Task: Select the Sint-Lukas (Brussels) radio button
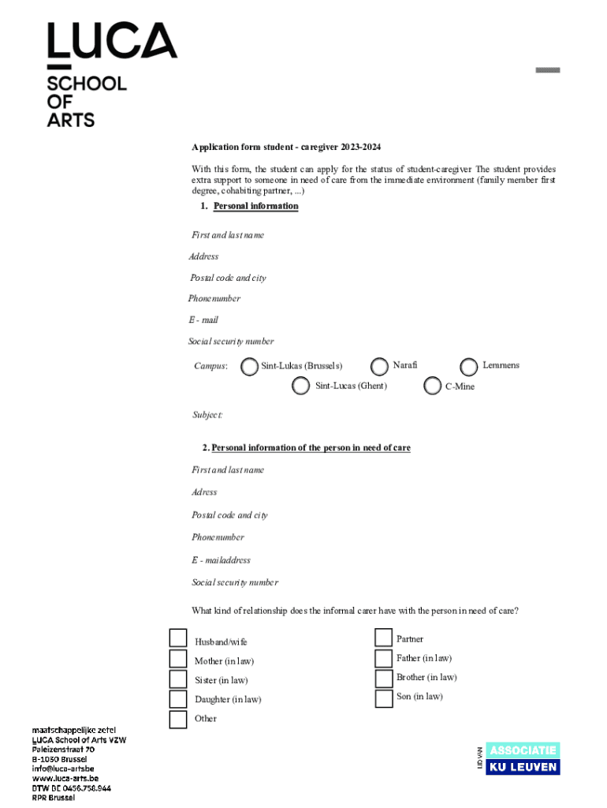(249, 366)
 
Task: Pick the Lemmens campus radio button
(469, 366)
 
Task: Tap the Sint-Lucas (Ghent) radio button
(300, 386)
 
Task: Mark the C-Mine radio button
(432, 386)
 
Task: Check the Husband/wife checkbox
(178, 639)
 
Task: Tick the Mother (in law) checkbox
(178, 660)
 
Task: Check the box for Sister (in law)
(178, 679)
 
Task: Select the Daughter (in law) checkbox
(178, 699)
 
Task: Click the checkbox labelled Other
(178, 720)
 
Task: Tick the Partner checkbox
(384, 638)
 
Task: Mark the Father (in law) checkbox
(384, 658)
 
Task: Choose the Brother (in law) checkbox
(384, 678)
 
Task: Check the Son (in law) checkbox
(384, 698)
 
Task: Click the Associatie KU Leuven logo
(522, 758)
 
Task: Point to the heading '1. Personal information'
(249, 207)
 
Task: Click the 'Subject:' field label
(208, 415)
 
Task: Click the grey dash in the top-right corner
(548, 70)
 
